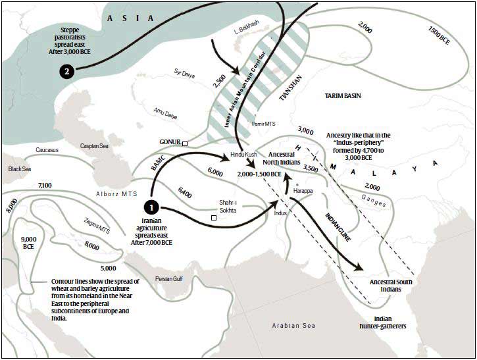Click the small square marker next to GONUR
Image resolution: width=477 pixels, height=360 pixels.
186,143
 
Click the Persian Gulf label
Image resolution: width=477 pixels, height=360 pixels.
172,278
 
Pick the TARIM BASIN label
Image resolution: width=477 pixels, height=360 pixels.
343,96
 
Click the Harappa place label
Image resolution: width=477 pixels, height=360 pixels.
313,190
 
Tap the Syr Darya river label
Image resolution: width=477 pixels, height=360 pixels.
186,72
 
